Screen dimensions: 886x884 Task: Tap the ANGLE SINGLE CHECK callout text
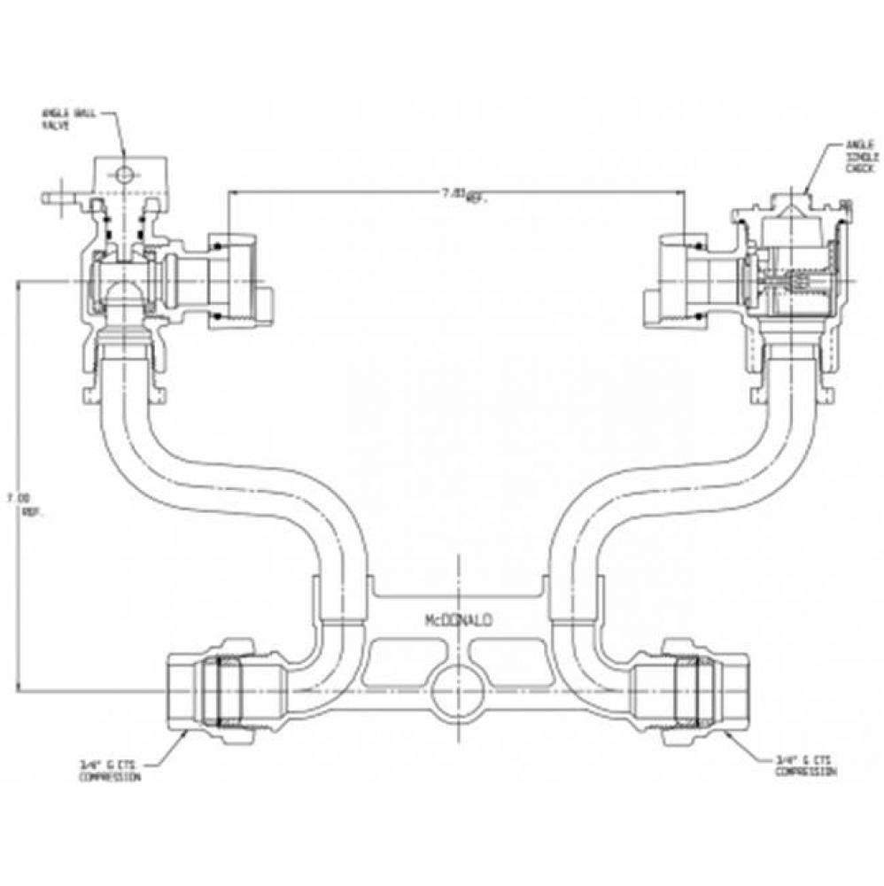pyautogui.click(x=858, y=155)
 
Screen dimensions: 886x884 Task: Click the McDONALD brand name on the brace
pyautogui.click(x=457, y=622)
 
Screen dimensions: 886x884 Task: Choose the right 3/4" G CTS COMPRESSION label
pyautogui.click(x=804, y=767)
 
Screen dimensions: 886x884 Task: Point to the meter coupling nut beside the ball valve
pyautogui.click(x=232, y=277)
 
